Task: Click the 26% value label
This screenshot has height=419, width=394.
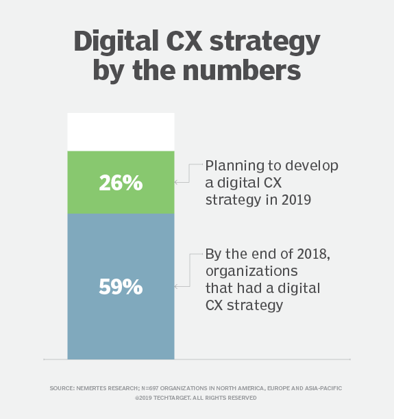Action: [x=121, y=183]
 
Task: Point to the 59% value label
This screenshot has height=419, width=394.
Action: [x=121, y=286]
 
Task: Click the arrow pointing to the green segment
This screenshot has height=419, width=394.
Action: [x=179, y=182]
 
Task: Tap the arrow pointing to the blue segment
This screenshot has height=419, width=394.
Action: [x=179, y=285]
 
